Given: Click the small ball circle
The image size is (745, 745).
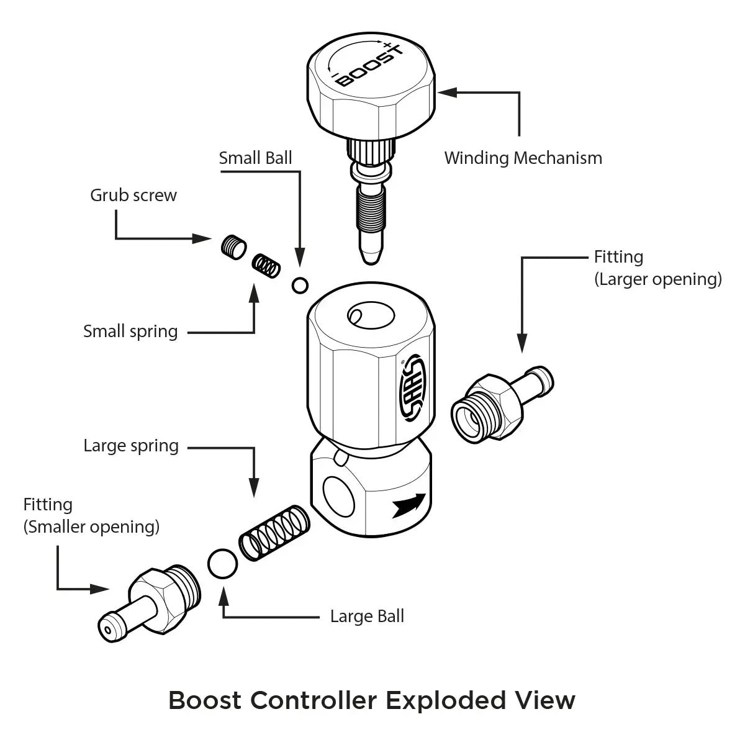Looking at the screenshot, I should [x=300, y=285].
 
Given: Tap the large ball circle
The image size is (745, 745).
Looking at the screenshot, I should [x=222, y=563].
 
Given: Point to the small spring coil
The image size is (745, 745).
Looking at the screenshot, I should [x=266, y=265].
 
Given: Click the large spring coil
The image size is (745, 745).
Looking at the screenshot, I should [x=274, y=533].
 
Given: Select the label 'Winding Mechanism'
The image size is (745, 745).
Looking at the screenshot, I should [x=523, y=158].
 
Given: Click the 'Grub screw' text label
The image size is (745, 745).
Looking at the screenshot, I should [x=133, y=195].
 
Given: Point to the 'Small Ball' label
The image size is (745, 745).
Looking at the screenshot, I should [x=255, y=158].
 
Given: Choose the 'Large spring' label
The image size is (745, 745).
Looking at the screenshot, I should [x=131, y=446].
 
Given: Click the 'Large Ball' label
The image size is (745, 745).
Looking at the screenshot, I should [x=367, y=616].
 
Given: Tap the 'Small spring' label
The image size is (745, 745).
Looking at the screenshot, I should [x=130, y=331].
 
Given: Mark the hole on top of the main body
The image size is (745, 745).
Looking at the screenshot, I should [x=371, y=315].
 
